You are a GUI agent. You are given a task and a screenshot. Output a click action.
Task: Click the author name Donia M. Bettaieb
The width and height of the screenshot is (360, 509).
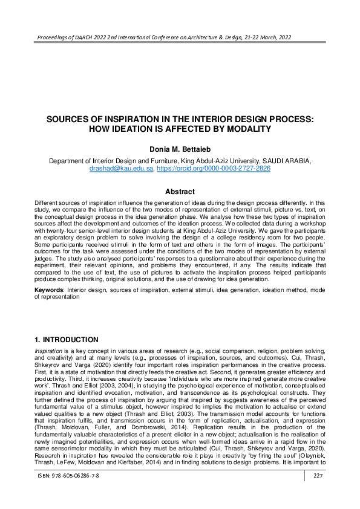click(180, 149)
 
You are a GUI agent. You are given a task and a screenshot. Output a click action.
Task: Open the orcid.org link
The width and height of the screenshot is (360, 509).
click(213, 169)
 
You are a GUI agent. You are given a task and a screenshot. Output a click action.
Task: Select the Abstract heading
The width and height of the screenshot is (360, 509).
click(180, 192)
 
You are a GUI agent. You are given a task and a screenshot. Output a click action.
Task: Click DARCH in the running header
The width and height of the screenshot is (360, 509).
click(80, 37)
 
